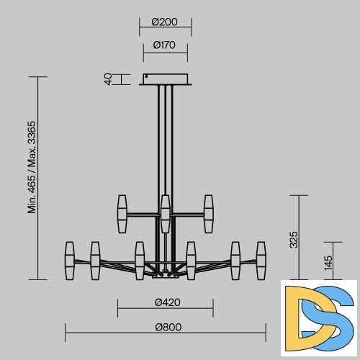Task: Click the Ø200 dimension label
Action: tap(165, 22)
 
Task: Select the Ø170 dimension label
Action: tap(164, 45)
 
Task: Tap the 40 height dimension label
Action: tap(108, 79)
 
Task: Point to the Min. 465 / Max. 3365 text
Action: tap(32, 167)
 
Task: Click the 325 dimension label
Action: tap(294, 240)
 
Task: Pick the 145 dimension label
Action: tap(328, 263)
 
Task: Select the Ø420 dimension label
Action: tap(168, 302)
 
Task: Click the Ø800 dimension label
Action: tap(168, 327)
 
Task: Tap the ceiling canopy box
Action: tap(166, 79)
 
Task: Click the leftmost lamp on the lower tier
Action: tap(70, 261)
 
